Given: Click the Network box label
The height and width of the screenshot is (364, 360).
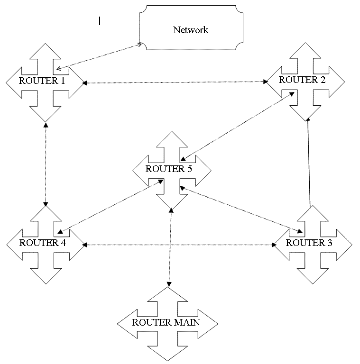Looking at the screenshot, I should click(x=191, y=30).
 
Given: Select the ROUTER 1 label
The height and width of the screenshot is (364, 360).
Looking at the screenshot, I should click(x=42, y=80).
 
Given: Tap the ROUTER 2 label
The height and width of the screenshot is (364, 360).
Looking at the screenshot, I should click(x=302, y=80).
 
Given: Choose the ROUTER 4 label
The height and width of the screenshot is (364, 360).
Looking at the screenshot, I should click(x=43, y=243).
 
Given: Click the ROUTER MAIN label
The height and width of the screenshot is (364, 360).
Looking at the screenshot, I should click(x=166, y=322).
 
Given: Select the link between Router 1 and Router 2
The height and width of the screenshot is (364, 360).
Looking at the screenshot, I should click(x=175, y=82).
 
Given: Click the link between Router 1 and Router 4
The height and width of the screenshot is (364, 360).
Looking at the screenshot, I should click(x=46, y=164).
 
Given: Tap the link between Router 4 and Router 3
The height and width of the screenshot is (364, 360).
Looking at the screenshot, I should click(x=179, y=245).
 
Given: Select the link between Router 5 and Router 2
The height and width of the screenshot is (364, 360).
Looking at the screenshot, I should click(x=237, y=126).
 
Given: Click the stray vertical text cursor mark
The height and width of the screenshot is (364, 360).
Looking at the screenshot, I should click(x=100, y=20).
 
